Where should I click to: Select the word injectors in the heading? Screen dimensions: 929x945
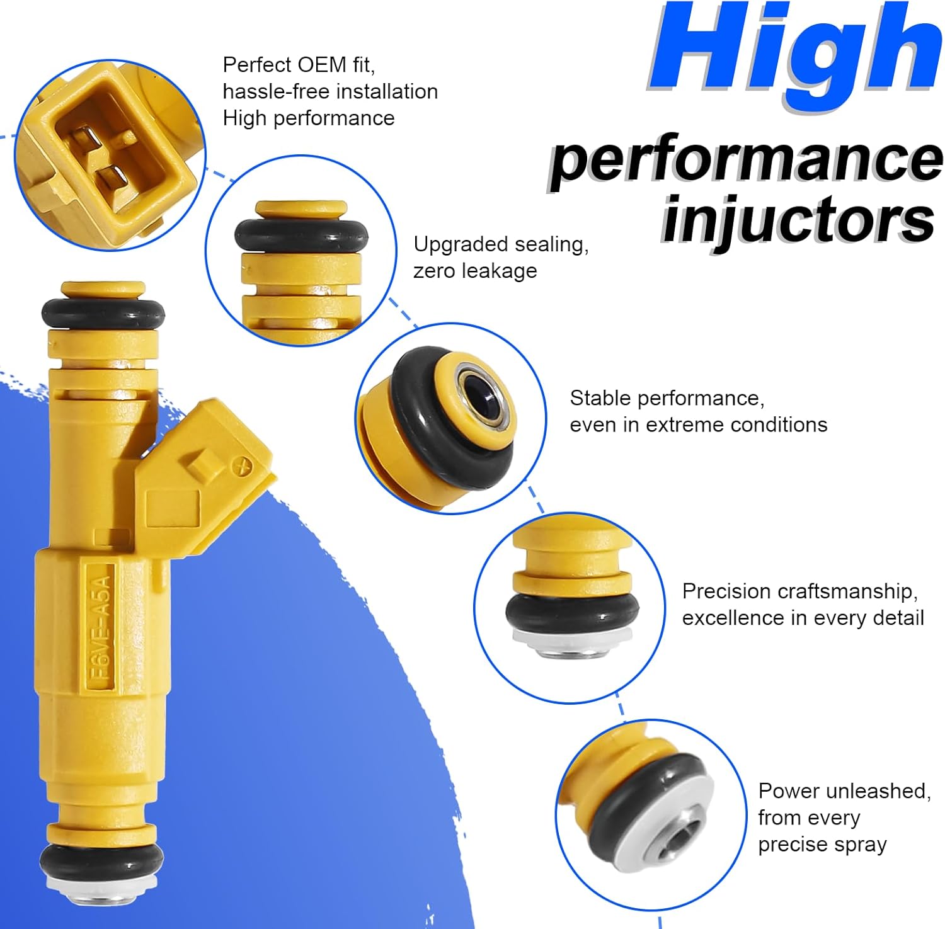click(798, 220)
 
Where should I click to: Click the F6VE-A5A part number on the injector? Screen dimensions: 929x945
click(101, 627)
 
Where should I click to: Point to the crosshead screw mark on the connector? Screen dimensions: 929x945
click(242, 467)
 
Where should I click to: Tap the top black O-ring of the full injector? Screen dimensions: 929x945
click(103, 313)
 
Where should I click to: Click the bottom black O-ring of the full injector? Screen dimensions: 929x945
click(101, 859)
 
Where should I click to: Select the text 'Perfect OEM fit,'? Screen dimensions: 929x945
click(299, 65)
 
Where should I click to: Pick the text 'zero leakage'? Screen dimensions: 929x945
click(475, 271)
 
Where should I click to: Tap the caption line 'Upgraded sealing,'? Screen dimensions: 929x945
click(501, 244)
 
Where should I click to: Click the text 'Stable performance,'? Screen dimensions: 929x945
click(667, 398)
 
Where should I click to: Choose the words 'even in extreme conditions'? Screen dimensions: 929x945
click(698, 425)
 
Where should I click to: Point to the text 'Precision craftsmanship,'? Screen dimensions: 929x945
click(799, 591)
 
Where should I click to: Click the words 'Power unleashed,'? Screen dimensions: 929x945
click(844, 791)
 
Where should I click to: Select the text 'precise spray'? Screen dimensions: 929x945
click(822, 845)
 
